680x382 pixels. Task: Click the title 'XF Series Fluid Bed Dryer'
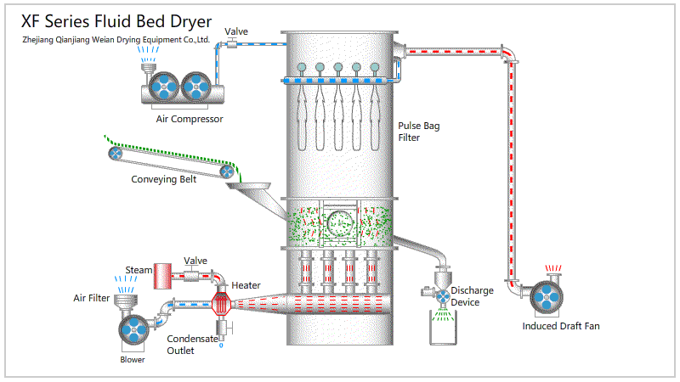tap(117, 21)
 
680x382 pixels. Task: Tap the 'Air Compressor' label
tap(190, 119)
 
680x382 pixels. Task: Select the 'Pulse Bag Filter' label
tap(419, 132)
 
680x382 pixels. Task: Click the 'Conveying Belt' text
tap(164, 179)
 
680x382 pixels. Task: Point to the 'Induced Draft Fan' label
tap(561, 326)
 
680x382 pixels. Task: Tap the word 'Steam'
tap(139, 270)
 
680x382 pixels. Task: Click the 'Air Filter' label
tap(91, 298)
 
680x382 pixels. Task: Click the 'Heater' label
tap(246, 285)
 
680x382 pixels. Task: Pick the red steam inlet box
tap(163, 272)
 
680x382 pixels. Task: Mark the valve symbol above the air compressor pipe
tap(236, 43)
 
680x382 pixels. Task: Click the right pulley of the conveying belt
tap(228, 171)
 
